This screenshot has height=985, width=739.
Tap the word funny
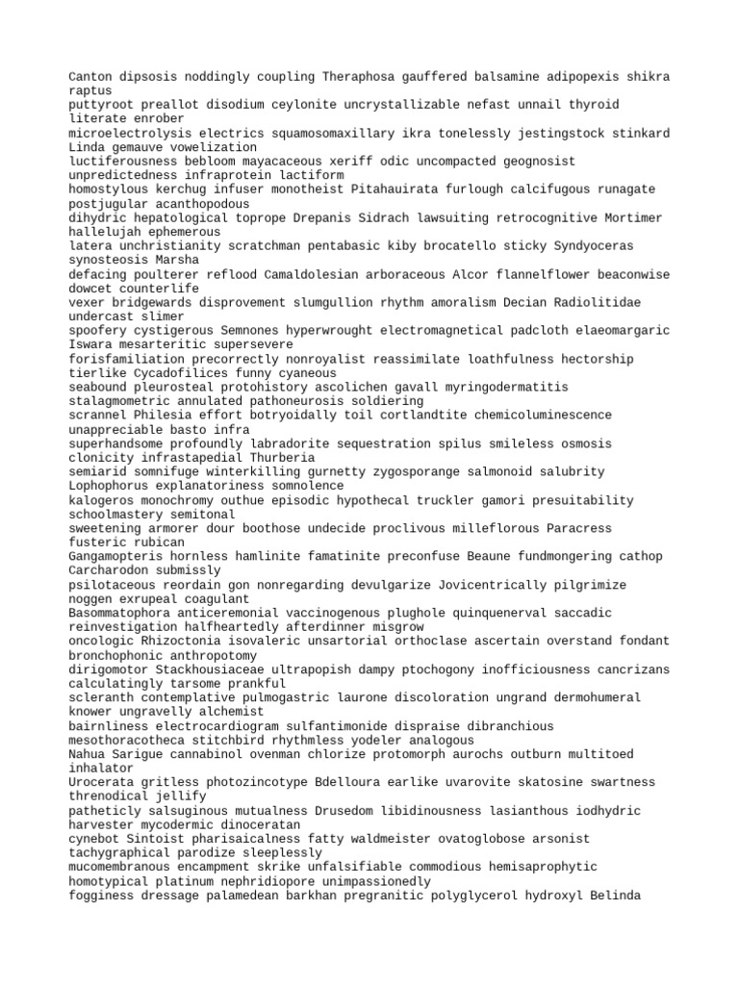coord(253,373)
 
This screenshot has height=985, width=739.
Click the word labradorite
coord(280,443)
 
